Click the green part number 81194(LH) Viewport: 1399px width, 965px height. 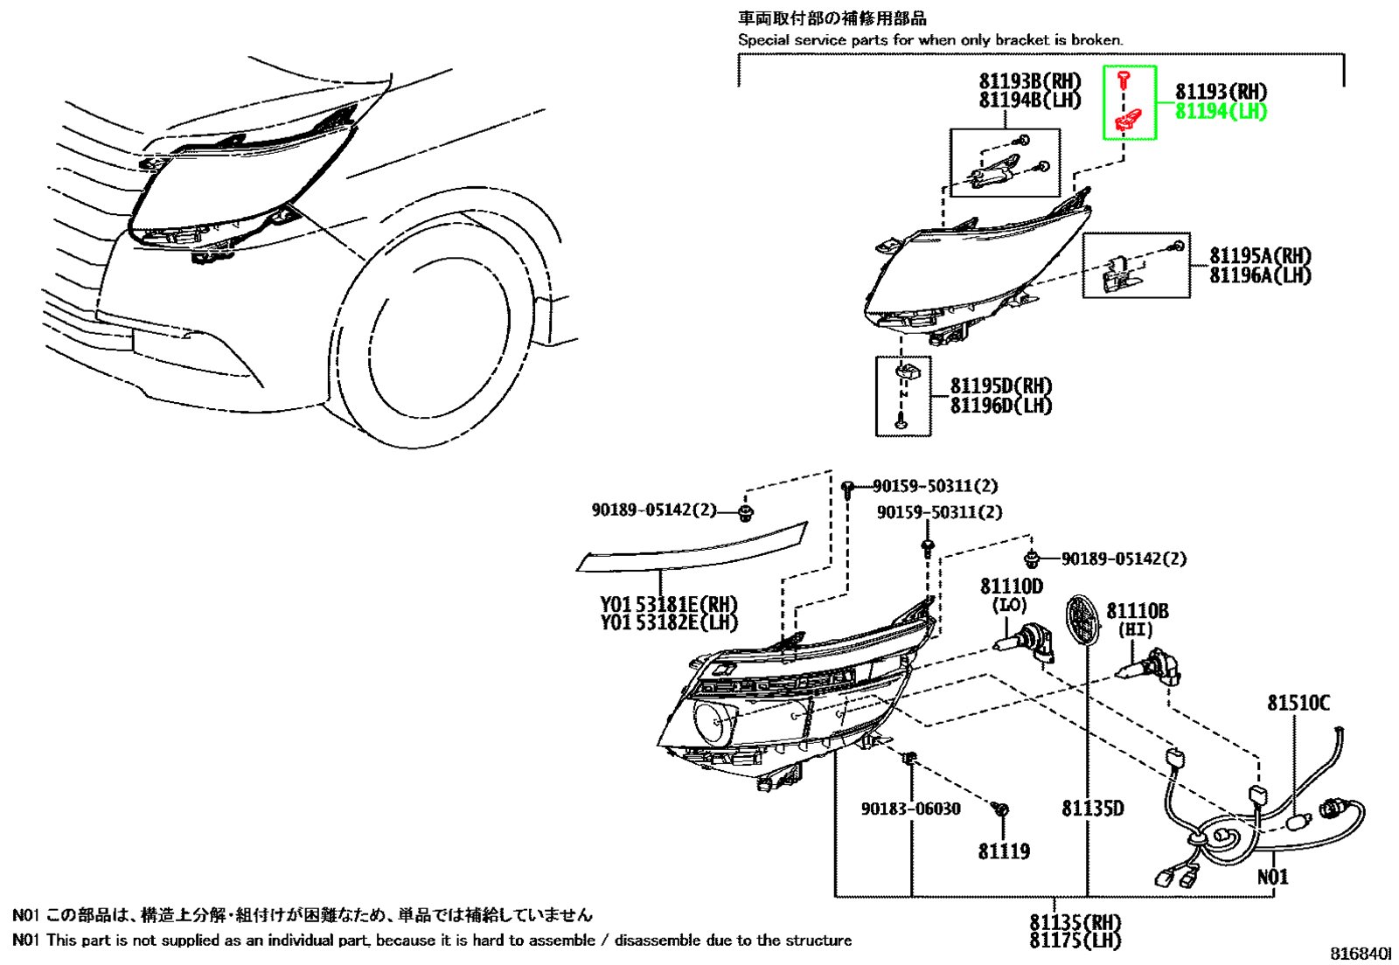coord(1221,112)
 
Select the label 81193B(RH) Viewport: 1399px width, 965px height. coord(1030,80)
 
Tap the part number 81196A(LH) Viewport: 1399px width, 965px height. coord(1260,275)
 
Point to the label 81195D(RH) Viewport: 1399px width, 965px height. coord(1001,385)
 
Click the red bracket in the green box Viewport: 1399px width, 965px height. coord(1128,119)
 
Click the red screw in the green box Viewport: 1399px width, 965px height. coord(1124,80)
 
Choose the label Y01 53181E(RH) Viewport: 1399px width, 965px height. coord(669,604)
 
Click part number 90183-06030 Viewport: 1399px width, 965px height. coord(910,809)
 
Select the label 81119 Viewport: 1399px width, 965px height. coord(1005,851)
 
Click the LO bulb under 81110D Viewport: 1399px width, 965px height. coord(1024,645)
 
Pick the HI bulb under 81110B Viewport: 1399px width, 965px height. coord(1148,667)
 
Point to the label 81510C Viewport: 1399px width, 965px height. coord(1298,704)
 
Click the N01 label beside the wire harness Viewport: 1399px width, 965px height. coord(1272,878)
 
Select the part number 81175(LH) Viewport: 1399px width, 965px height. coord(1075,941)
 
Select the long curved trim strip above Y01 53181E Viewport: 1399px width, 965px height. coord(692,547)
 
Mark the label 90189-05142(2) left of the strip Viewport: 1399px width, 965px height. coord(654,510)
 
